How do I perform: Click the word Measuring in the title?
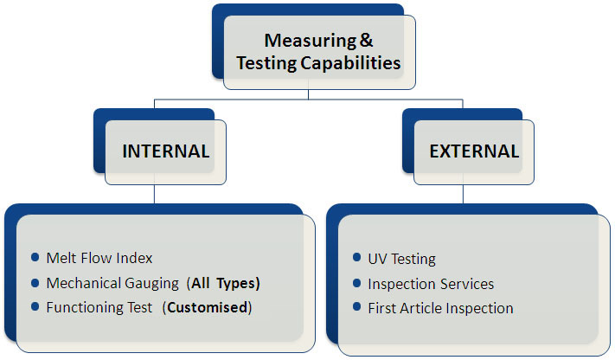click(x=299, y=41)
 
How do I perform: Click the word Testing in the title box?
click(x=269, y=62)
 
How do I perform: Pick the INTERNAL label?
click(x=166, y=151)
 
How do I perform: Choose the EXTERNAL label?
click(x=474, y=151)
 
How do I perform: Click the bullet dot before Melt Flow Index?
click(x=35, y=257)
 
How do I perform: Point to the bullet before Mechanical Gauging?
click(x=35, y=282)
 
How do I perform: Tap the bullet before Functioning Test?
click(x=35, y=307)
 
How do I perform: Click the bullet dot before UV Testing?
click(x=357, y=258)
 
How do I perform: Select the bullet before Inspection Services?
click(x=357, y=283)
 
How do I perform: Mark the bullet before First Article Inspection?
click(x=357, y=307)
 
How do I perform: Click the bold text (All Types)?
click(x=224, y=283)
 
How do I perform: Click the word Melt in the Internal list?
click(x=60, y=258)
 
